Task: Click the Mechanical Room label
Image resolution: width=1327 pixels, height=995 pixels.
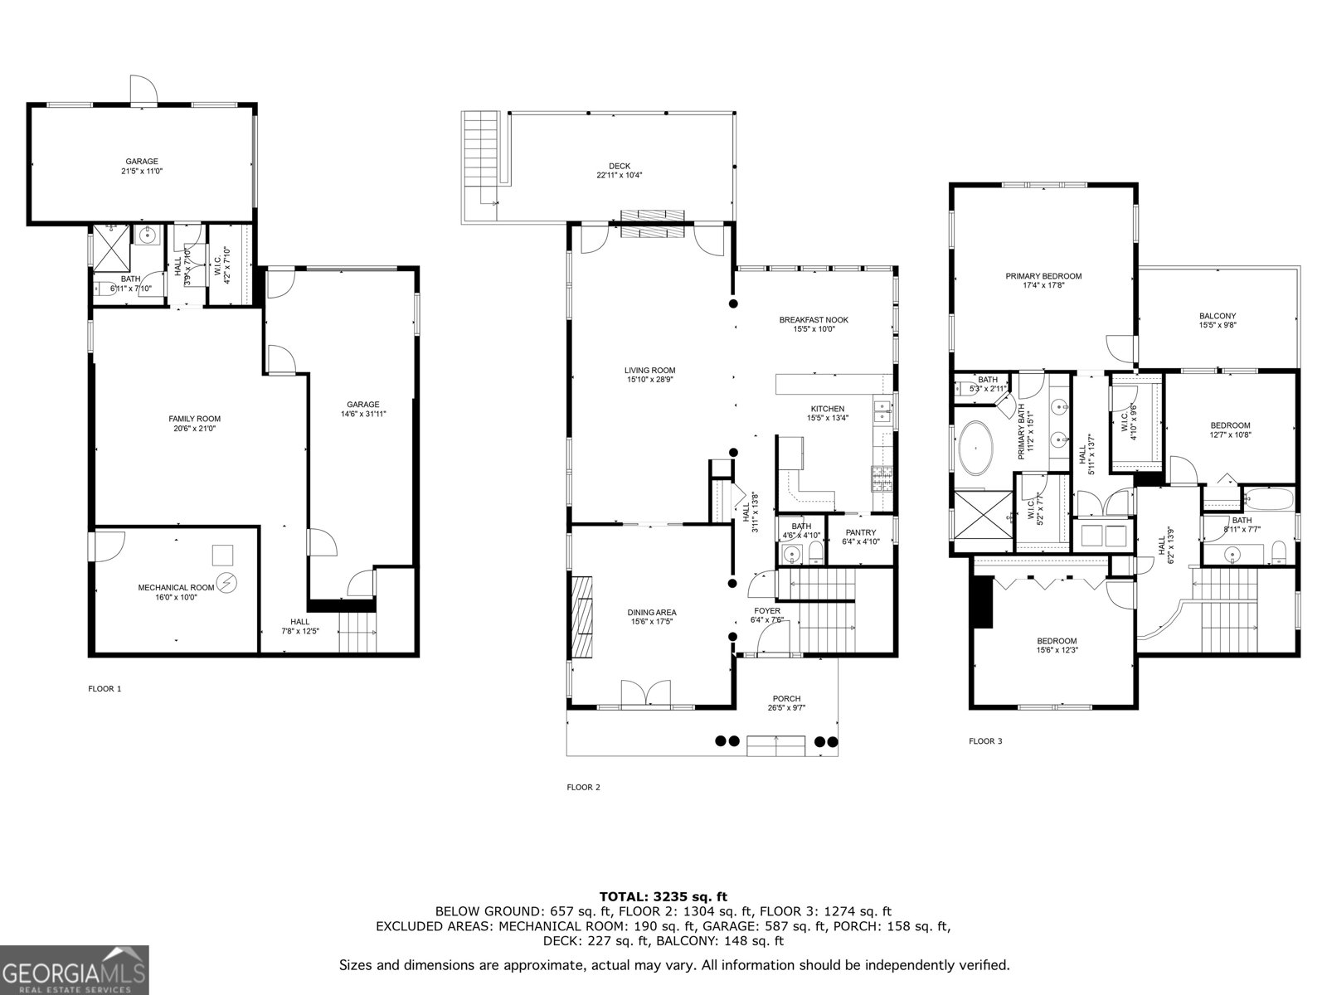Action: (x=176, y=587)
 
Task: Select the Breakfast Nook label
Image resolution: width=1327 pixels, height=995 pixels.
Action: (x=813, y=319)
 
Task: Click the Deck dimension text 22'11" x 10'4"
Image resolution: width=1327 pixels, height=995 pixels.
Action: (x=619, y=175)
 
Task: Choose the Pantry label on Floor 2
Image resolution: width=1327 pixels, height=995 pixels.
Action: (x=860, y=532)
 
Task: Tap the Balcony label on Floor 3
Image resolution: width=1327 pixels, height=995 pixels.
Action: (x=1217, y=316)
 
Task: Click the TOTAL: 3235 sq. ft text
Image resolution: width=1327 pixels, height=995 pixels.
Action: (x=663, y=896)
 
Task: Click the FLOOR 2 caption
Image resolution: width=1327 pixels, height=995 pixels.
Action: (x=582, y=787)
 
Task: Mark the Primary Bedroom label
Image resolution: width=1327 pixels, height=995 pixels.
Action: (x=1043, y=276)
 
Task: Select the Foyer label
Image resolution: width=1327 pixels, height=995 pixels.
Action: (x=766, y=610)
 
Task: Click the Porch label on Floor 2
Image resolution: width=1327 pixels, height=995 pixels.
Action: (x=786, y=698)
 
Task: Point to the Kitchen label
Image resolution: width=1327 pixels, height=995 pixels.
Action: (x=827, y=409)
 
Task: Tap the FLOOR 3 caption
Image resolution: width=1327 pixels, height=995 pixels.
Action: (x=985, y=741)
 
